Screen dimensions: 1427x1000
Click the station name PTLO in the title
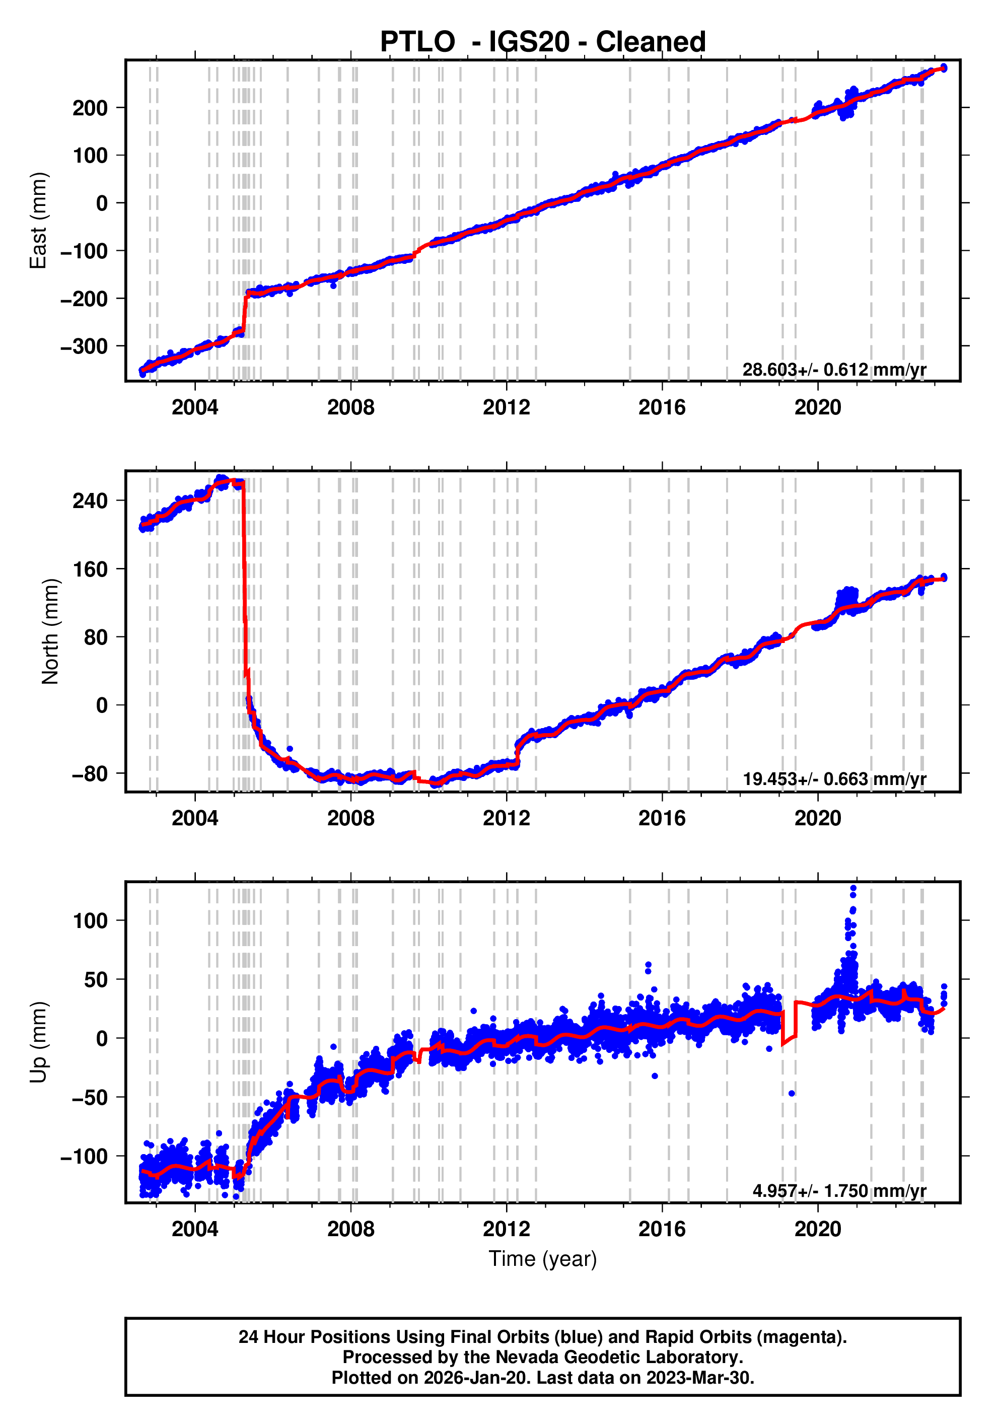pos(417,42)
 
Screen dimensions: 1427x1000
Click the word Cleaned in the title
pos(650,42)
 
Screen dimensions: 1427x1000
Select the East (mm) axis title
pos(39,221)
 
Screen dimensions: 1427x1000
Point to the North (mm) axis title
pos(50,631)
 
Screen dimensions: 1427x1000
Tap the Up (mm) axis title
pos(39,1042)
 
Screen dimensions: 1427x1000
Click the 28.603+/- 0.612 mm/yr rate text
pos(834,370)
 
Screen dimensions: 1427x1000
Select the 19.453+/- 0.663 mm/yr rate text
pos(834,779)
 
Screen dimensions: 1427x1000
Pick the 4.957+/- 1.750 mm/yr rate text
pos(839,1190)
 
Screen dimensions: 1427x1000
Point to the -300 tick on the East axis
pos(84,346)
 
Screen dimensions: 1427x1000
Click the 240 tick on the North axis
pos(90,501)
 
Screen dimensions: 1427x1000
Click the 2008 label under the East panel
pos(350,408)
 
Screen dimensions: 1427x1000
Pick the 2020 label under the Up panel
pos(817,1229)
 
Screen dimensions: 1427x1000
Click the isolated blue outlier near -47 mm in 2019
pos(791,1093)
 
